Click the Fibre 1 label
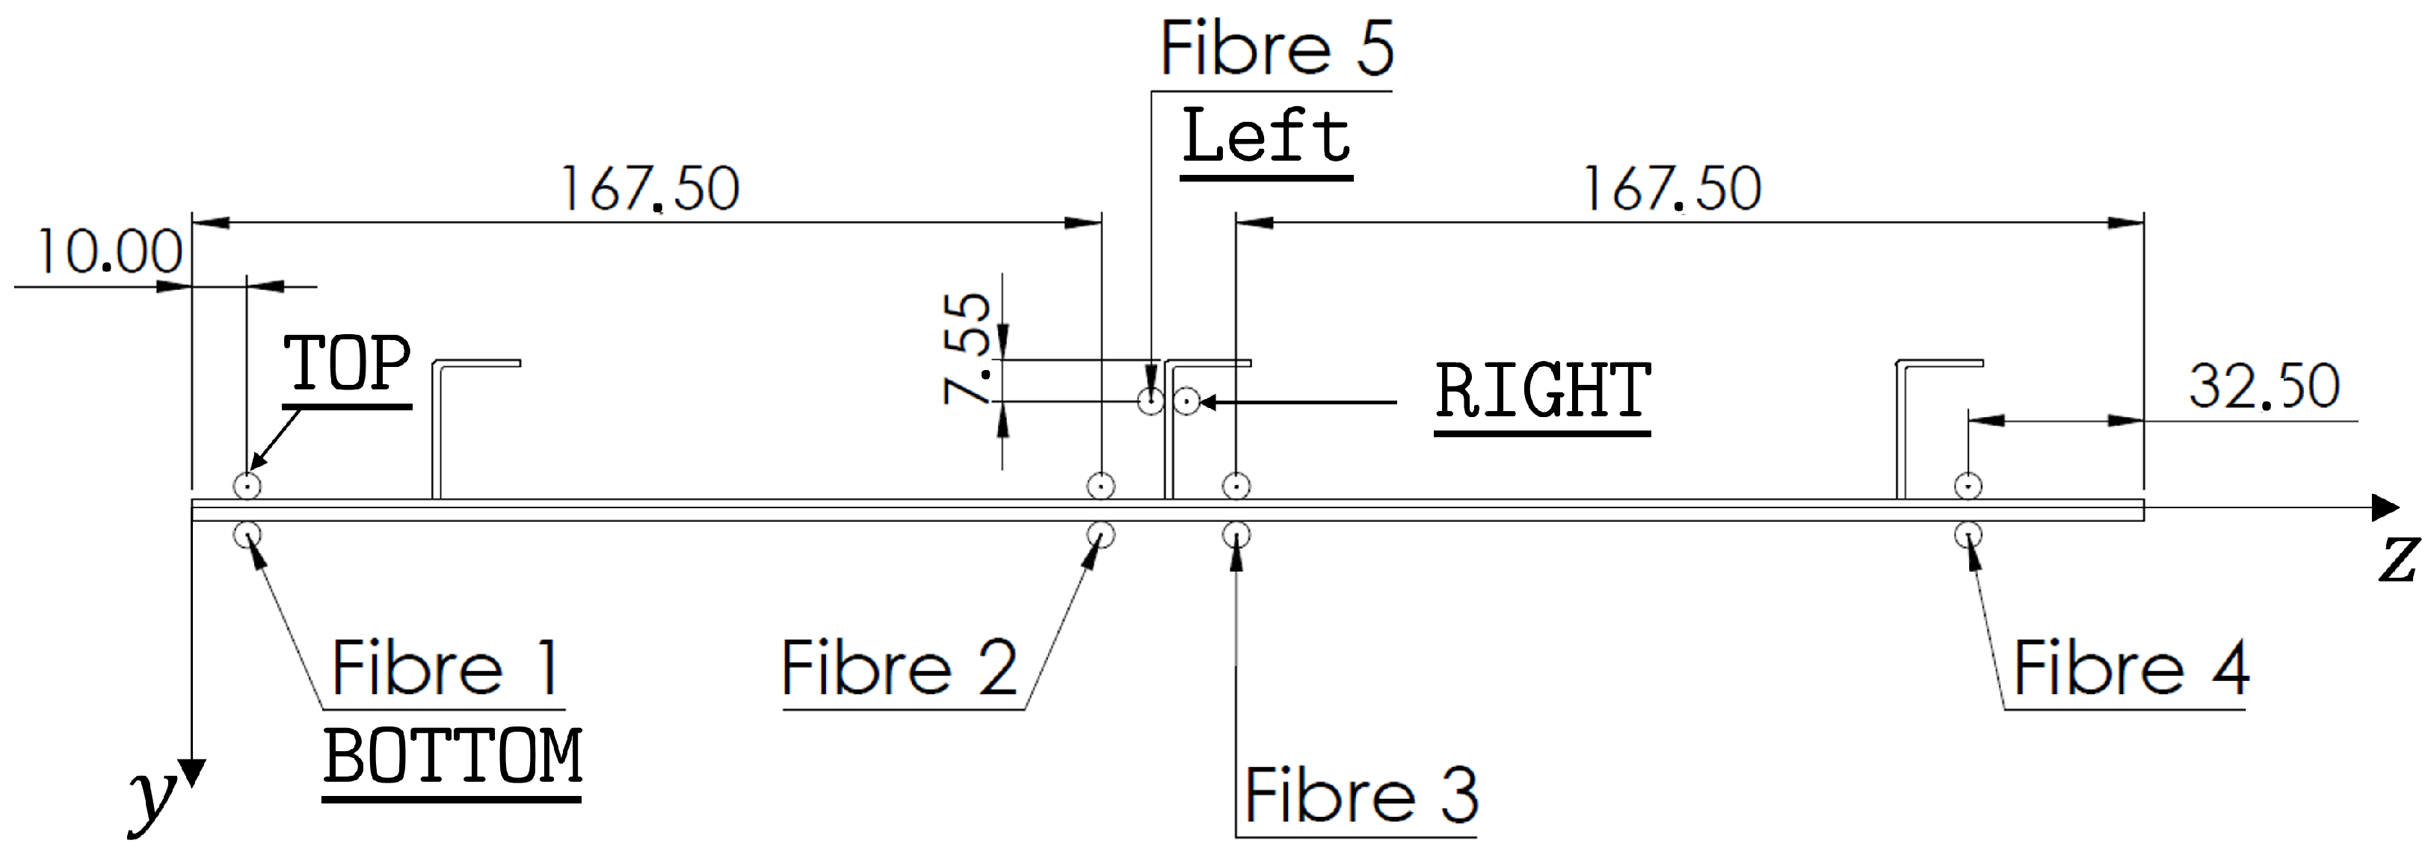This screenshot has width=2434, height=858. click(x=446, y=668)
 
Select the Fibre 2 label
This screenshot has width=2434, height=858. click(x=899, y=668)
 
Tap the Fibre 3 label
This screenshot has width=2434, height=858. click(x=1361, y=796)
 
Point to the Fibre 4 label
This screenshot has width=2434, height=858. click(x=2130, y=668)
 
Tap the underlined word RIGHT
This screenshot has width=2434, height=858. click(x=1543, y=392)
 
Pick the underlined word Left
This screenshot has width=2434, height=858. click(x=1266, y=136)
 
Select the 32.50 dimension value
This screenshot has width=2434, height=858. click(x=2264, y=386)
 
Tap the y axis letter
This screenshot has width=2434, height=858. click(x=151, y=798)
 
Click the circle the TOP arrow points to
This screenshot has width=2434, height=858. click(x=247, y=487)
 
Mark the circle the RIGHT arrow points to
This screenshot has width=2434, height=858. click(x=1187, y=401)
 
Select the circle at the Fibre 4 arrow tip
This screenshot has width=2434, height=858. click(x=1968, y=535)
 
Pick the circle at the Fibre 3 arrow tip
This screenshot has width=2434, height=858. click(x=1236, y=535)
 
